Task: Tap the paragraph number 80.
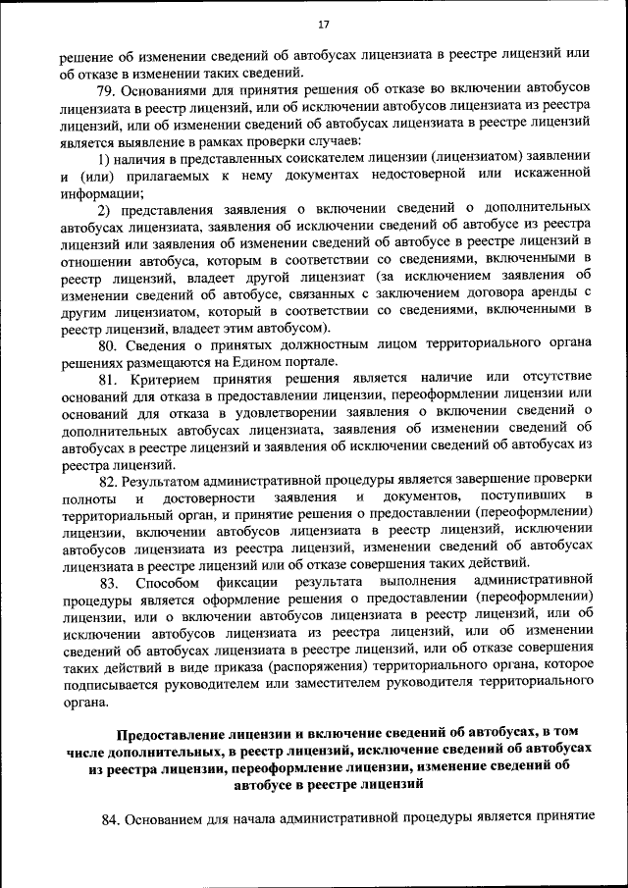107,344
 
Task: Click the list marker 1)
104,158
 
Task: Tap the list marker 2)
104,209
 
